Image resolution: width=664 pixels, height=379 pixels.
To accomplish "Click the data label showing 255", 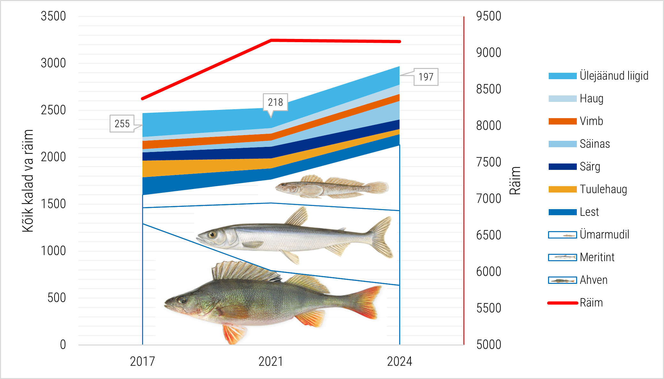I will [122, 124].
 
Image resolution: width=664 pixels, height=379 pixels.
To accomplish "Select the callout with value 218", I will [275, 102].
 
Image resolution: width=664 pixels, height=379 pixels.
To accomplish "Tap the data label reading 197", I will [426, 77].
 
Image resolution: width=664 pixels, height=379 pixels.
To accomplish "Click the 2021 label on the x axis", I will [271, 361].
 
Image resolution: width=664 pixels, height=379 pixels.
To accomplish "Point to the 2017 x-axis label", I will [142, 361].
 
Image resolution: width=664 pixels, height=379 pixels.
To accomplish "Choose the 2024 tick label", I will [400, 361].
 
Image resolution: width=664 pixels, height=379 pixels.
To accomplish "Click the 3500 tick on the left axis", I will [53, 16].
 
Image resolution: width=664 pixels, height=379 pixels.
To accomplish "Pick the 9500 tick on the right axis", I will [488, 16].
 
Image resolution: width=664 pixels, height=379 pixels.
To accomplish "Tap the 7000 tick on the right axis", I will [488, 199].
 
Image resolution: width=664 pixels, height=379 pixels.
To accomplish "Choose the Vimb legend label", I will [591, 121].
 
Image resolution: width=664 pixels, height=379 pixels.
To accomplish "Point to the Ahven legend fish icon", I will [562, 280].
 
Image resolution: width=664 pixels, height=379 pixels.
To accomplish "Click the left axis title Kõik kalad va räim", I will [28, 181].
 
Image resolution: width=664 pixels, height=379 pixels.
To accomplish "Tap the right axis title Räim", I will [515, 181].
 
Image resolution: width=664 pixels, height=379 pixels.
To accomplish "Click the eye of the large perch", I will [182, 300].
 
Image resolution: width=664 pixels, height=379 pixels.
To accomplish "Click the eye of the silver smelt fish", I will [212, 235].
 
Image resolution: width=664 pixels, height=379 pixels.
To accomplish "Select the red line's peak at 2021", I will [271, 40].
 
